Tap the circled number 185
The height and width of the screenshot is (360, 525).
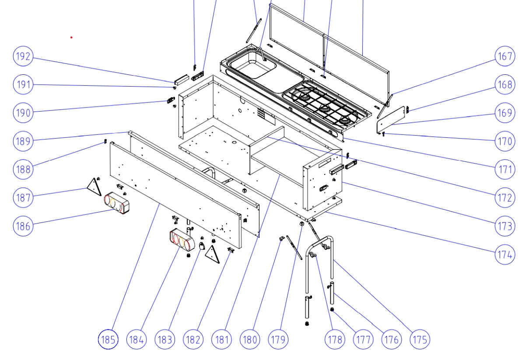[x=108, y=339]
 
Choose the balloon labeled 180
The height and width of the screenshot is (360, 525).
[x=250, y=339]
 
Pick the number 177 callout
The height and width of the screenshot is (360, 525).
[x=363, y=339]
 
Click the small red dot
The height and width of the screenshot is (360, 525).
[x=71, y=38]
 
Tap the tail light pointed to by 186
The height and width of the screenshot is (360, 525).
[x=116, y=204]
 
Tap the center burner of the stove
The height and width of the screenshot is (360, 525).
[x=324, y=108]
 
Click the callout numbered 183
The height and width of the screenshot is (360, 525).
[x=165, y=339]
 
